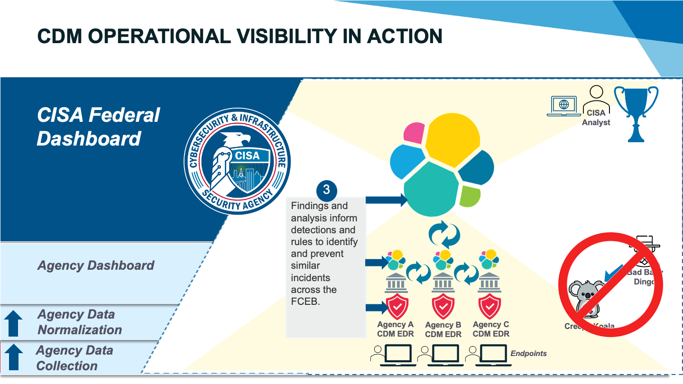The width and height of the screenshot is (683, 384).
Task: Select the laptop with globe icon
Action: coord(563,105)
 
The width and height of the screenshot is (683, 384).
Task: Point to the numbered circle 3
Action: coord(326,190)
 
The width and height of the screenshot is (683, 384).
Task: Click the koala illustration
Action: coord(587,299)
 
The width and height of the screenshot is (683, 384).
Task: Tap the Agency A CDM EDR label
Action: coord(395,329)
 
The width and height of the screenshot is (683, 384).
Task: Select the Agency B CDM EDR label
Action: coord(443,329)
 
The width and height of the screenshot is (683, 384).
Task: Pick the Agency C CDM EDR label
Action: coord(491,329)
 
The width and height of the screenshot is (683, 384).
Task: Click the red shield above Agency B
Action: coord(443,306)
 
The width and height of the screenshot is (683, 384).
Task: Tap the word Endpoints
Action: coord(528,353)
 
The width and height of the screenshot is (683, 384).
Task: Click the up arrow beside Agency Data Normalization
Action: coord(13,322)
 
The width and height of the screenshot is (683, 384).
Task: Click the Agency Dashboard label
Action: coord(96,265)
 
